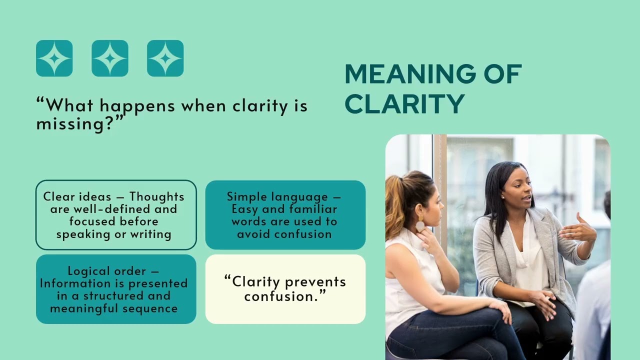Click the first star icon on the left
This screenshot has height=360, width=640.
point(54,58)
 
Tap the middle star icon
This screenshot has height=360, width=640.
point(110,58)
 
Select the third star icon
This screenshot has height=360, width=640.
point(165,58)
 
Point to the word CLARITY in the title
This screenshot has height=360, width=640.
point(404,104)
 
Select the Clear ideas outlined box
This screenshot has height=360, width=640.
point(116,215)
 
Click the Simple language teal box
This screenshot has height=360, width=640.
point(285,215)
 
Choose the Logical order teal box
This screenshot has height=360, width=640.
point(116,289)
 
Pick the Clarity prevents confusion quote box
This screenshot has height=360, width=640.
point(285,289)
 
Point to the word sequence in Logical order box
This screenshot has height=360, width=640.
point(153,308)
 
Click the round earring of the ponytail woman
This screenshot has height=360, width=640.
point(420,226)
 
